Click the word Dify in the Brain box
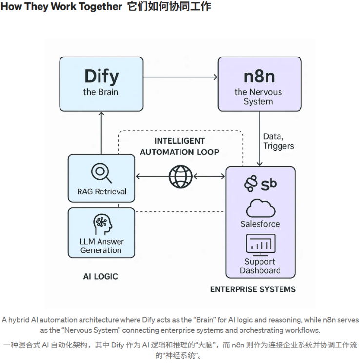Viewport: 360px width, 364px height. point(101,76)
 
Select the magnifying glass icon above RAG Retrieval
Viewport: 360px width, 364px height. point(101,172)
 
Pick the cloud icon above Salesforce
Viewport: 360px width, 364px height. point(260,208)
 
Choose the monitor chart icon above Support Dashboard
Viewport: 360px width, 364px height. point(260,245)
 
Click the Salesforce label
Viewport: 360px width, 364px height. point(260,224)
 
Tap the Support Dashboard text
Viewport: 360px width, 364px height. point(260,266)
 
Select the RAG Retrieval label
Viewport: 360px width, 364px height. point(101,192)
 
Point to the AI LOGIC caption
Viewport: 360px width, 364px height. point(100,276)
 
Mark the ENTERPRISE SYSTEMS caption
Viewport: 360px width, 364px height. point(253,289)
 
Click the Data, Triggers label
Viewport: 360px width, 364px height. point(279,141)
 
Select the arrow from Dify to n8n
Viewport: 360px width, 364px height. point(180,77)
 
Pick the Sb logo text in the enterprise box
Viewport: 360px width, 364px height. point(269,184)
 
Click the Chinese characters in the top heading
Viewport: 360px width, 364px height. point(169,7)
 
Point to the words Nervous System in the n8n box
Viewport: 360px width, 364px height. point(258,96)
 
